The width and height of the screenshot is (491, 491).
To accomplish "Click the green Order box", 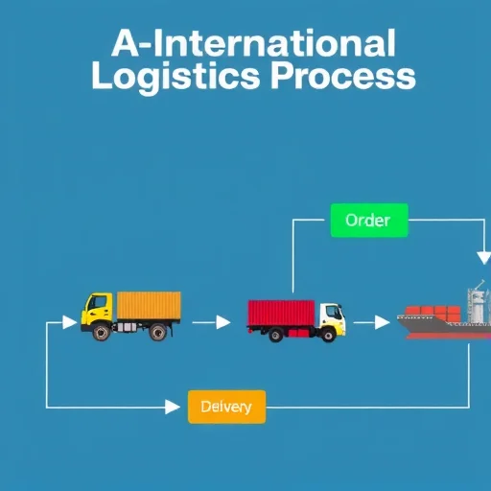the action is [369, 221].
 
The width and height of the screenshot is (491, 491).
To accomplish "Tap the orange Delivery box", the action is [226, 407].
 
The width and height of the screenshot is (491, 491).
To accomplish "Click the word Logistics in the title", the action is [175, 77].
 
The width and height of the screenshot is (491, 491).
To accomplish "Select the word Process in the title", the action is [343, 76].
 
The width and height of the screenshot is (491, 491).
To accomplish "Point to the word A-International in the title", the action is [253, 42].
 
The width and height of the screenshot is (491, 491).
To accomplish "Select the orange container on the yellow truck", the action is [149, 305].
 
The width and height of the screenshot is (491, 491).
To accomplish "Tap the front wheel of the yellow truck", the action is [102, 332].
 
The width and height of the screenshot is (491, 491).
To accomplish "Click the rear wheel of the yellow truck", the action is [158, 332].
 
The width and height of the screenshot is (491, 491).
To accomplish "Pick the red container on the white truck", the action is [281, 314].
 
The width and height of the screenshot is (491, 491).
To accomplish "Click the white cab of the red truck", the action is [333, 318].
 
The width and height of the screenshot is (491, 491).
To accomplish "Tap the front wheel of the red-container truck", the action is [328, 335].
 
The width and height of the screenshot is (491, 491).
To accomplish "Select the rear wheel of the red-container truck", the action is [276, 335].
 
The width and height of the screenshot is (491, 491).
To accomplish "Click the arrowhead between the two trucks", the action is [223, 322].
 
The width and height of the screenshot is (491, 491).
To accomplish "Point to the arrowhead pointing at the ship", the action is [383, 322].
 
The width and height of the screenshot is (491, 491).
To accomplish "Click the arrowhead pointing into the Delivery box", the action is [173, 408].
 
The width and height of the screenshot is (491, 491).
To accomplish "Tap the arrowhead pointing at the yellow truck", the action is [70, 322].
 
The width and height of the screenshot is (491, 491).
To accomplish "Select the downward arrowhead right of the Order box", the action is [484, 258].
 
